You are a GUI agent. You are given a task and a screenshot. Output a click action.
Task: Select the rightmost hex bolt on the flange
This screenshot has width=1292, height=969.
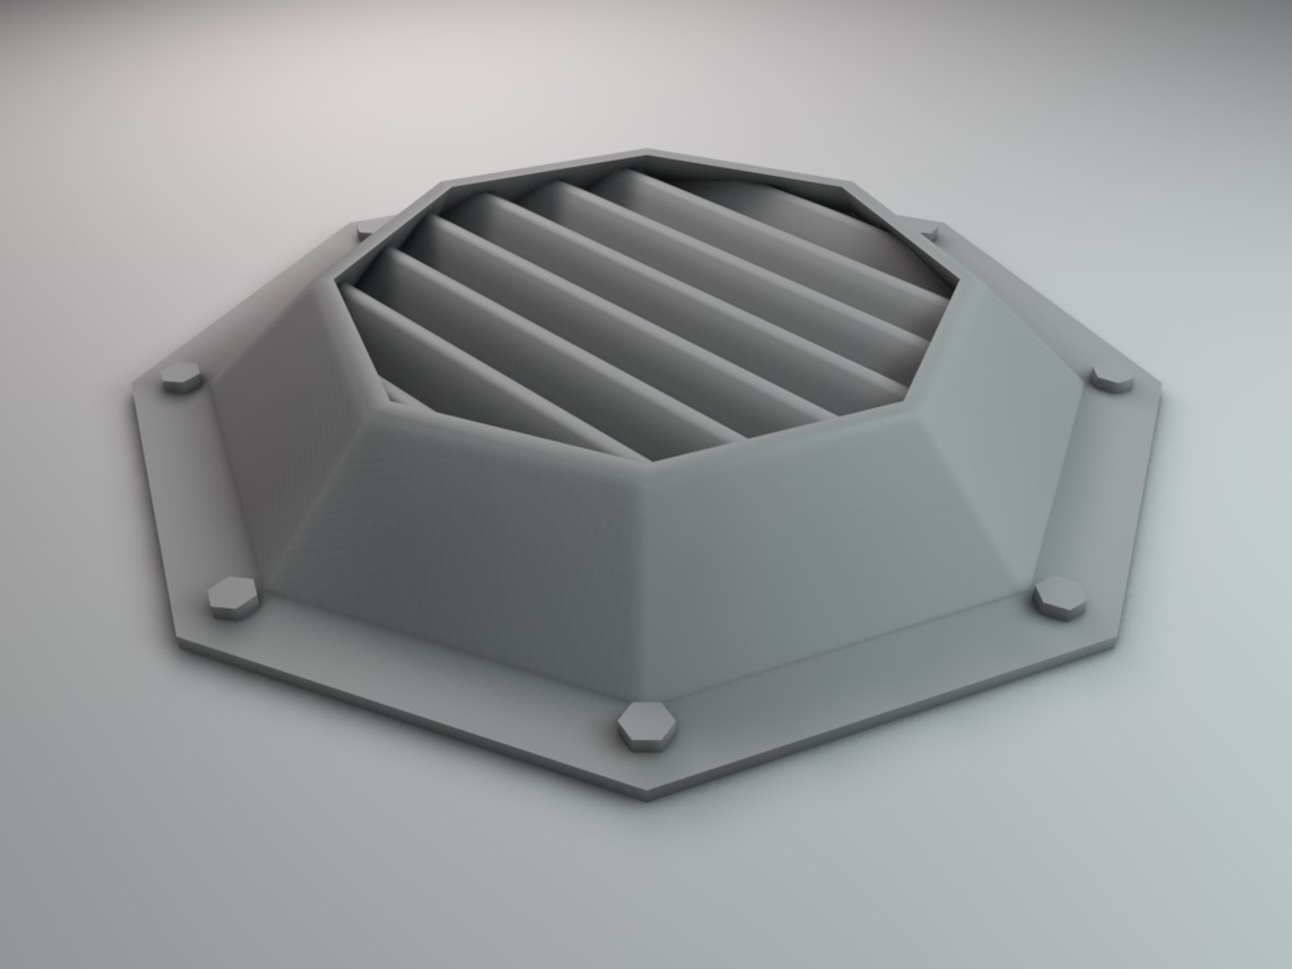pos(1113,378)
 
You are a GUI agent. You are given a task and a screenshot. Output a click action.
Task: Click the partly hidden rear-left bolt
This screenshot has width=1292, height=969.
pos(363,232)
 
